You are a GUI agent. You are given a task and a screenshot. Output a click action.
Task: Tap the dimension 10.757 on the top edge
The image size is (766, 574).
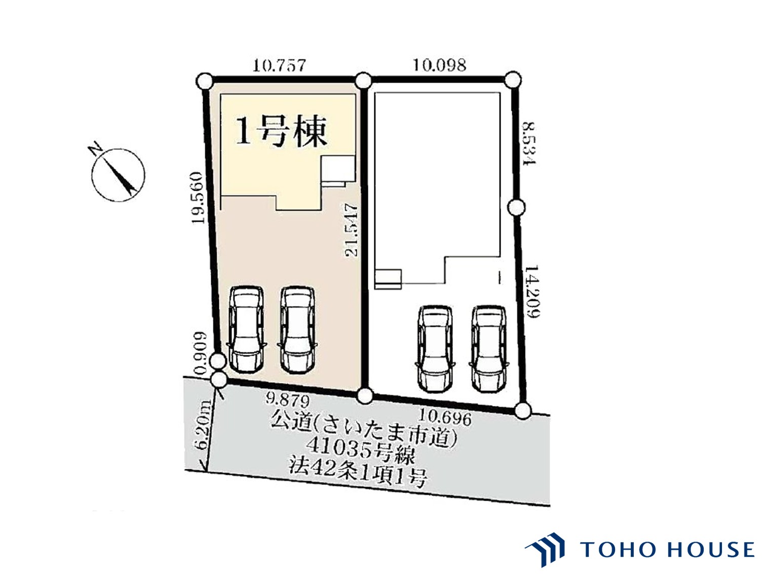pyautogui.click(x=279, y=65)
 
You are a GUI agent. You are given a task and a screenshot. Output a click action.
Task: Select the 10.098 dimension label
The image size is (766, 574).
pyautogui.click(x=440, y=65)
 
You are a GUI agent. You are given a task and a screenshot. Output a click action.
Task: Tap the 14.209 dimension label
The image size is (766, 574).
pyautogui.click(x=532, y=292)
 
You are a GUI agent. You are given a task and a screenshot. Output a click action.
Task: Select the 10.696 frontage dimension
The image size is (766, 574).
pyautogui.click(x=445, y=418)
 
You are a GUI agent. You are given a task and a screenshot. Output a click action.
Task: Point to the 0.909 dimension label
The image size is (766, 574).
pyautogui.click(x=201, y=353)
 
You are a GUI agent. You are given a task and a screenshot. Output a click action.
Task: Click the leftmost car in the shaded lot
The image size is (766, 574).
pyautogui.click(x=245, y=329)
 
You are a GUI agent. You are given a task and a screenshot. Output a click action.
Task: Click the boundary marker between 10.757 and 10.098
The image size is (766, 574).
pyautogui.click(x=363, y=81)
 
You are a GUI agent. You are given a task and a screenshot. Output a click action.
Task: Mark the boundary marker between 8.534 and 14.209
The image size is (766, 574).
pyautogui.click(x=516, y=208)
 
